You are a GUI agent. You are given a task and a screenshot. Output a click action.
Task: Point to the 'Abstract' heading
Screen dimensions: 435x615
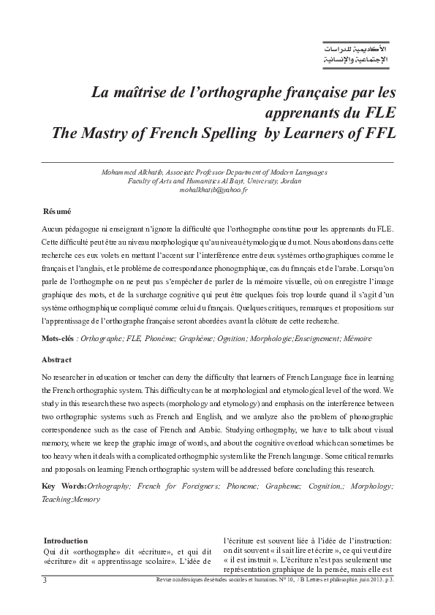point(56,361)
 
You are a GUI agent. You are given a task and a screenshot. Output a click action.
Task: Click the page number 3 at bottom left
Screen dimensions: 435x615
point(45,580)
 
